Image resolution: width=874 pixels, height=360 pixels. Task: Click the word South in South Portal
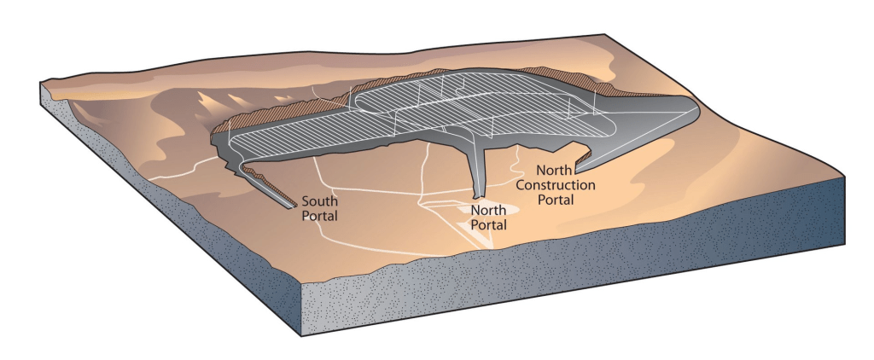tap(320, 202)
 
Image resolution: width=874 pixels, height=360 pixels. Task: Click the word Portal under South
tap(320, 217)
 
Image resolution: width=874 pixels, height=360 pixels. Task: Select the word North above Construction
tap(554, 171)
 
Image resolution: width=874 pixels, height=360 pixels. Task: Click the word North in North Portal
tap(488, 211)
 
